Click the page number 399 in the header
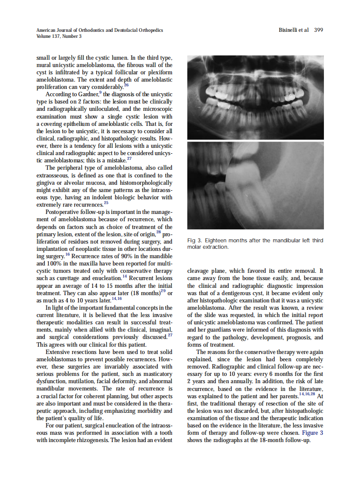[x=318, y=30]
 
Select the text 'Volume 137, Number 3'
[x=59, y=36]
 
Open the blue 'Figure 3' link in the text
[x=312, y=433]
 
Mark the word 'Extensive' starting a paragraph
[x=59, y=351]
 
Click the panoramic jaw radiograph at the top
[x=256, y=98]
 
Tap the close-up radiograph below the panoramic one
[x=256, y=185]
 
